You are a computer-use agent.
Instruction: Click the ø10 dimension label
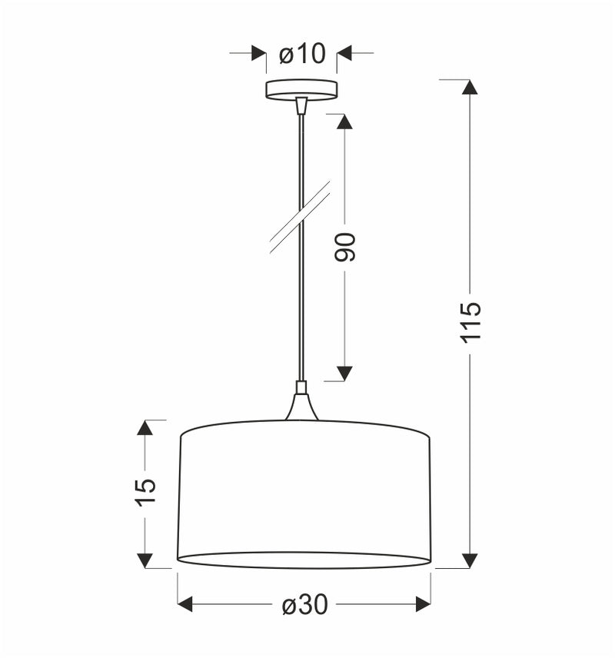(302, 54)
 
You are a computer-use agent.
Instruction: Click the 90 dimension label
(345, 247)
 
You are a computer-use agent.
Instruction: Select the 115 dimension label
(471, 321)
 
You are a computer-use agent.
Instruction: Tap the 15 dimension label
(145, 492)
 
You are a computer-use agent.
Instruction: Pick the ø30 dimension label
(304, 605)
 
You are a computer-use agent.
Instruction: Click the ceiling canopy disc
(301, 89)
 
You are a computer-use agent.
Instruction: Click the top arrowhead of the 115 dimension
(470, 87)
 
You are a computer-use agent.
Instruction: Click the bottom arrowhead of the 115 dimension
(470, 560)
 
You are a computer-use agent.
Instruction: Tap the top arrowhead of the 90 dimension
(344, 121)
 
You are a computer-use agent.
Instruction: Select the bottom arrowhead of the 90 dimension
(344, 374)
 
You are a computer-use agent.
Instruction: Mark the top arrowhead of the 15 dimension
(145, 427)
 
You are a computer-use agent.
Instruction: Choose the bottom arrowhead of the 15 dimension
(145, 560)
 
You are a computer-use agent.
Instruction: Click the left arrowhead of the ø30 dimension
(185, 604)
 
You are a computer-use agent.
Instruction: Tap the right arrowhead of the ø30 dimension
(423, 604)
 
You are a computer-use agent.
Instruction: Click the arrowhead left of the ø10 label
(259, 54)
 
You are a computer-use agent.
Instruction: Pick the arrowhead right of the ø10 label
(344, 54)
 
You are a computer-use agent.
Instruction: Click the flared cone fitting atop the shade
(301, 407)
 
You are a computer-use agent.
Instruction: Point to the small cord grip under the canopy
(301, 106)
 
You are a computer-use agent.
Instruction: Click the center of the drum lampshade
(304, 492)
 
